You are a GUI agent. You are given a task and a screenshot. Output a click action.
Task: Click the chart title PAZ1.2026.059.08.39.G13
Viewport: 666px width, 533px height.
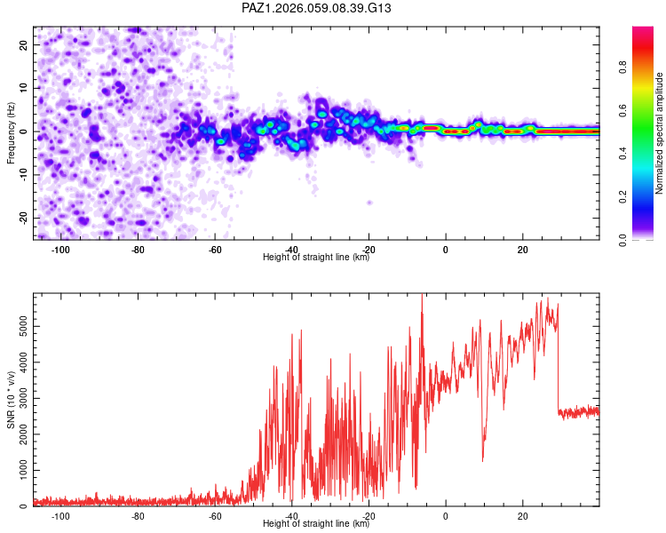point(317,8)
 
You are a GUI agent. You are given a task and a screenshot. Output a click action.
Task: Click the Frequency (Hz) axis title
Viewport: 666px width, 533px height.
point(11,132)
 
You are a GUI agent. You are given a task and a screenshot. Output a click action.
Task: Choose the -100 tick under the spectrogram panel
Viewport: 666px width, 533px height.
point(60,251)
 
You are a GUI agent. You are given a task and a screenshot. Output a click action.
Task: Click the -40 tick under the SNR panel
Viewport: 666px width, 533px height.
point(292,516)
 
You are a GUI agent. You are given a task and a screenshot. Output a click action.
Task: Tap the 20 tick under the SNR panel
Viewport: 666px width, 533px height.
point(523,516)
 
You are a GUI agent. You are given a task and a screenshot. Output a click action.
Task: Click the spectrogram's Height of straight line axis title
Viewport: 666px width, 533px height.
point(316,258)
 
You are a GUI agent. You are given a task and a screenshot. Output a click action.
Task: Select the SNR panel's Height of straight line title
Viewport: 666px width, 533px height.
point(316,523)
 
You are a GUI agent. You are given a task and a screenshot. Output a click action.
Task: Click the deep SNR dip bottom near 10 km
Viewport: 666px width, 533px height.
point(483,459)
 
